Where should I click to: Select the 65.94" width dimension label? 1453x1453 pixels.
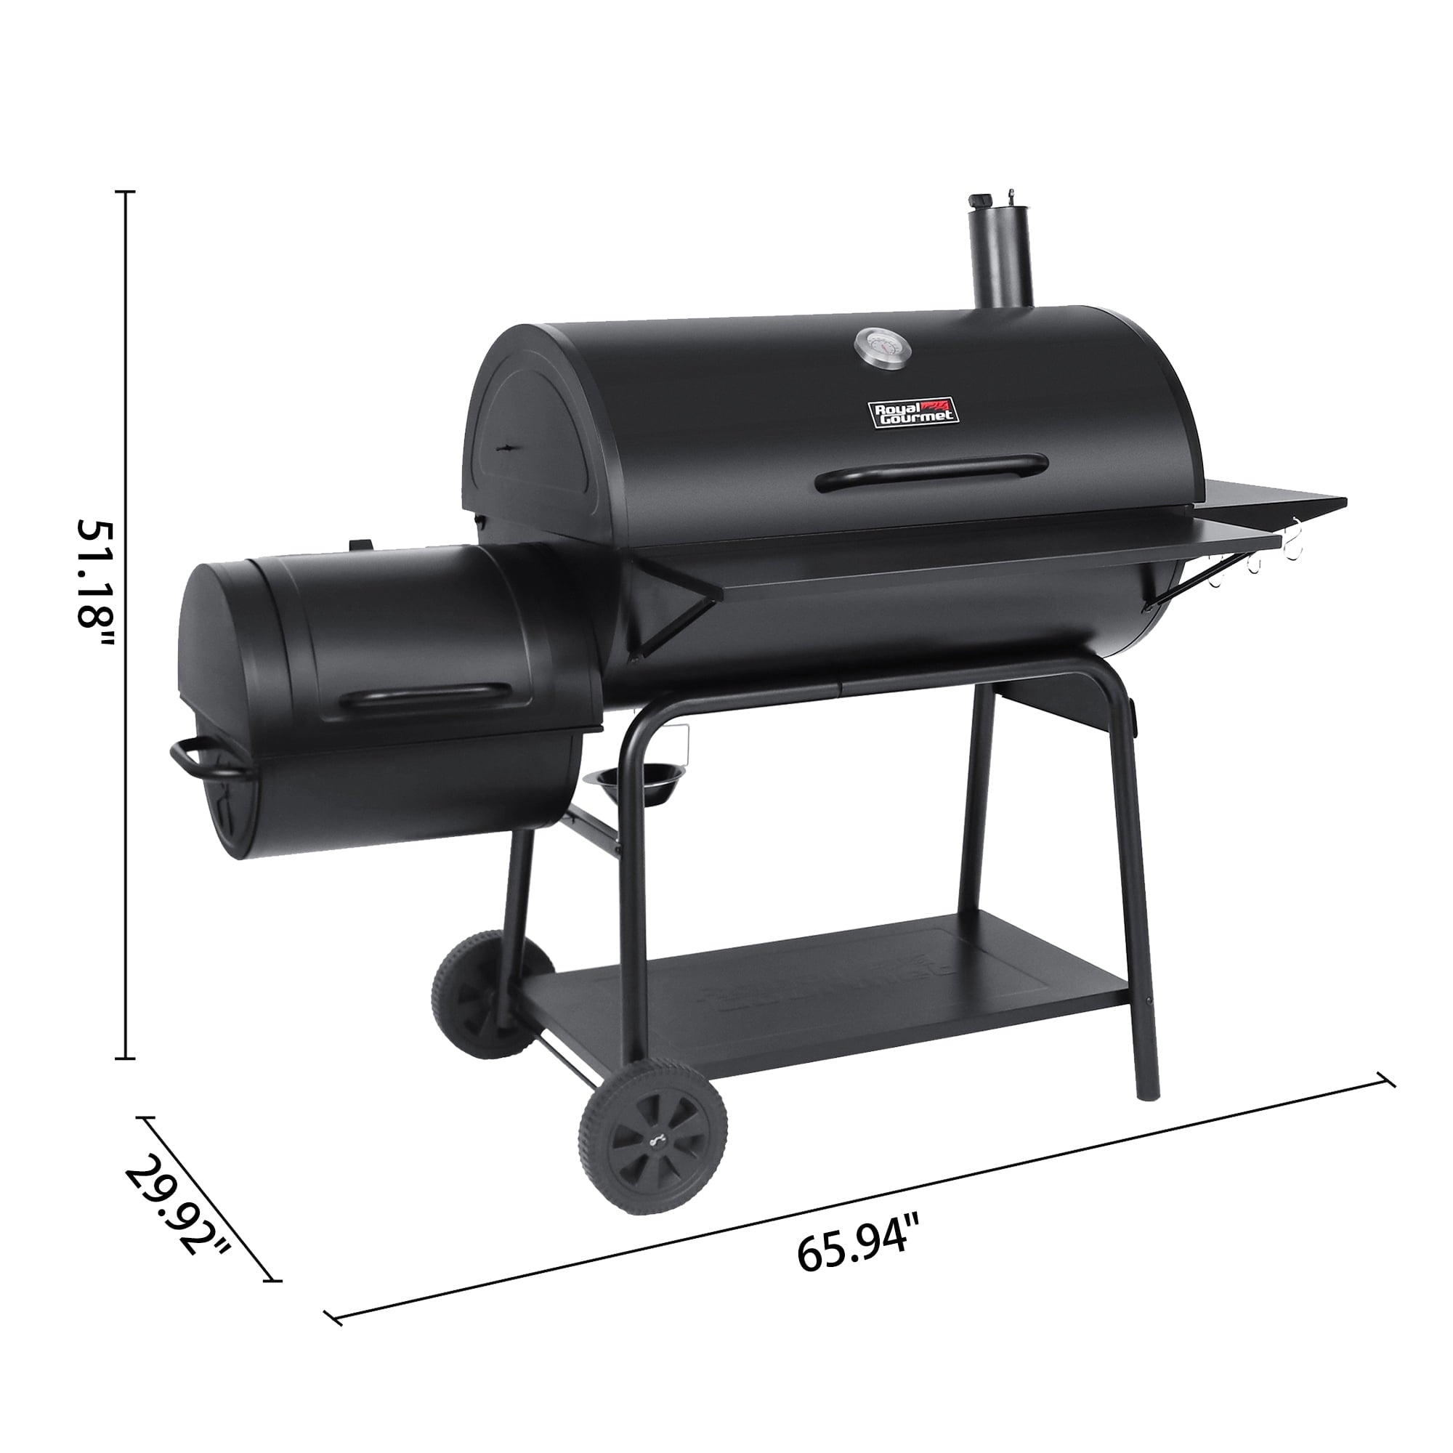[858, 1248]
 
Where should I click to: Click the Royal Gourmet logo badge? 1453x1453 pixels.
[913, 412]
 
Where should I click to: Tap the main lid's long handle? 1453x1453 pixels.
[933, 471]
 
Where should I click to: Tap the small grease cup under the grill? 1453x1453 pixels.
[639, 781]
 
